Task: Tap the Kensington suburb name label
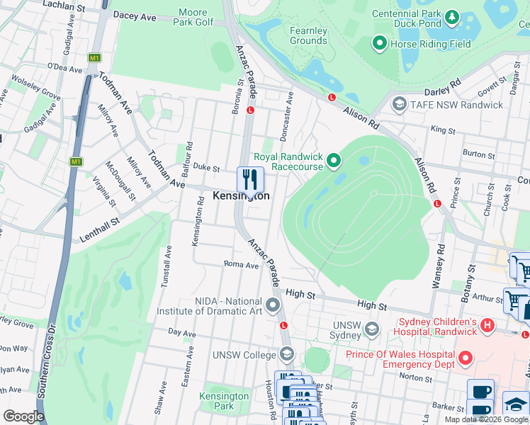pyautogui.click(x=241, y=196)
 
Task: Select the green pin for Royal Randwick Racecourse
pyautogui.click(x=334, y=164)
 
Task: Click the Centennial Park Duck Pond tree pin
pyautogui.click(x=451, y=16)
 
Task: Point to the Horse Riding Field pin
pyautogui.click(x=379, y=44)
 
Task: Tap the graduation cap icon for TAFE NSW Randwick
pyautogui.click(x=398, y=105)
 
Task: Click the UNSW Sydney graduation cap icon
pyautogui.click(x=373, y=329)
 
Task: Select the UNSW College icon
pyautogui.click(x=286, y=353)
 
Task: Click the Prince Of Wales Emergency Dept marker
pyautogui.click(x=465, y=359)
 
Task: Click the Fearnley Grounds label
pyautogui.click(x=308, y=36)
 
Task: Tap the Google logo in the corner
pyautogui.click(x=23, y=416)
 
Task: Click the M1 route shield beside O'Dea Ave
pyautogui.click(x=94, y=57)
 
